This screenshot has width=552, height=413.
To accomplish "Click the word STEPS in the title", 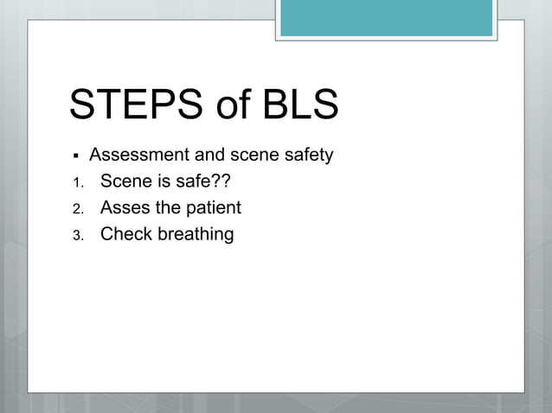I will (x=131, y=105).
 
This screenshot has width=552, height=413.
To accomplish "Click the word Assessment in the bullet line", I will (x=132, y=156).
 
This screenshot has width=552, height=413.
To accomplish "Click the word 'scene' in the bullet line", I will (x=252, y=156).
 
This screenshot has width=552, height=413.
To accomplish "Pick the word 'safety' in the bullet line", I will (x=307, y=156).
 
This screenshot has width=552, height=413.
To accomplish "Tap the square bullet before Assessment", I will (x=76, y=156).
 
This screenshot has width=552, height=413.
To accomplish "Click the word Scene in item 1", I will (x=125, y=181).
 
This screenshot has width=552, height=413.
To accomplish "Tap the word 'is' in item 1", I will (x=163, y=181).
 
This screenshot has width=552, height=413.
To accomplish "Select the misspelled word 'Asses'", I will (x=125, y=207).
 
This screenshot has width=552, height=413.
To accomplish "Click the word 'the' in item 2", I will (x=168, y=207).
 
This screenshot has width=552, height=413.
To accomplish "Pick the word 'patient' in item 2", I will (x=214, y=208).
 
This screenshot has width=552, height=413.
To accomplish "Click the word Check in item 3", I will (x=126, y=233).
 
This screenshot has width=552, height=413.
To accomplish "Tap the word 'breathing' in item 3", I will (x=196, y=234).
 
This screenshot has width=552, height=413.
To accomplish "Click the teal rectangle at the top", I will (x=386, y=17).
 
